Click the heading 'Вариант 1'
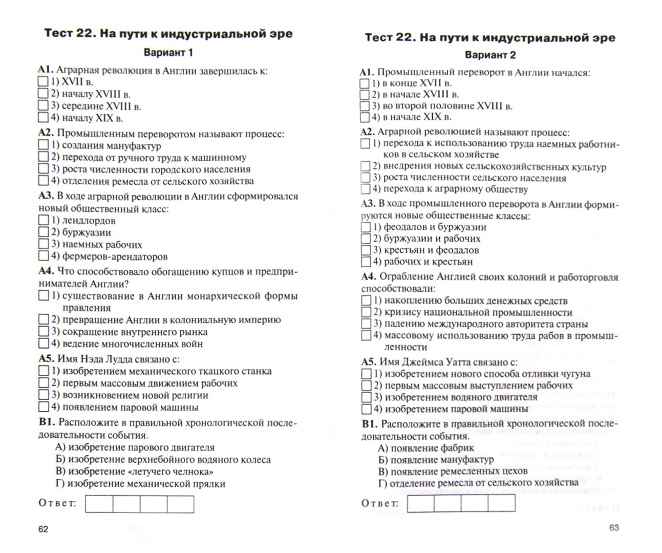(x=168, y=53)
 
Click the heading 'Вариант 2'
(x=490, y=55)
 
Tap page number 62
(x=43, y=529)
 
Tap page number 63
(x=614, y=527)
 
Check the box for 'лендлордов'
(x=44, y=221)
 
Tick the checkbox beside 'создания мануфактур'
(x=44, y=145)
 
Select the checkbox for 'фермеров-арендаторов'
(x=44, y=256)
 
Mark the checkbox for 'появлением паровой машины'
(x=44, y=408)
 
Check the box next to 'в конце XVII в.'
(x=365, y=83)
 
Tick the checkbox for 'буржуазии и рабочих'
(x=366, y=239)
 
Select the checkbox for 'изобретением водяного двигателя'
(x=367, y=397)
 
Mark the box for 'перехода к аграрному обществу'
(x=366, y=189)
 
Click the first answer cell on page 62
(x=99, y=504)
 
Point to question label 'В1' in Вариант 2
(x=369, y=424)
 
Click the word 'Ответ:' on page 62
(x=57, y=503)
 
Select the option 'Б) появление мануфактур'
(x=436, y=460)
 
